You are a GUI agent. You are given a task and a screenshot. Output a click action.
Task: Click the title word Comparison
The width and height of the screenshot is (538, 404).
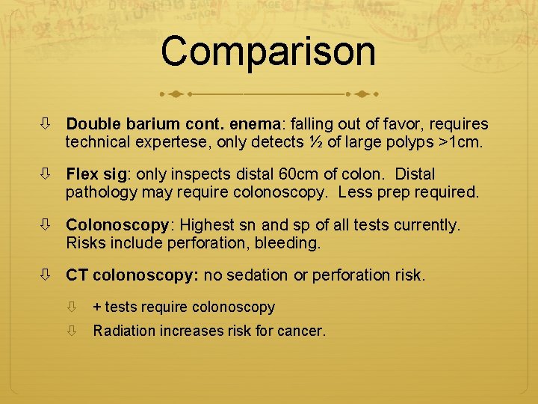tap(268, 52)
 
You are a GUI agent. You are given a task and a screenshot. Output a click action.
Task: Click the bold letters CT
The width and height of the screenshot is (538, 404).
tap(76, 275)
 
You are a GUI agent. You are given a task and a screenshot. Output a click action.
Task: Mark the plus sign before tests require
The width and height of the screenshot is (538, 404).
tap(96, 307)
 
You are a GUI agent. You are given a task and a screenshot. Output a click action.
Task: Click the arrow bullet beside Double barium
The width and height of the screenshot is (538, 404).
tap(48, 124)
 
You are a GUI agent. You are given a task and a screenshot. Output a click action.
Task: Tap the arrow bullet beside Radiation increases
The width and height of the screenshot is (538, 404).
tap(72, 331)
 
